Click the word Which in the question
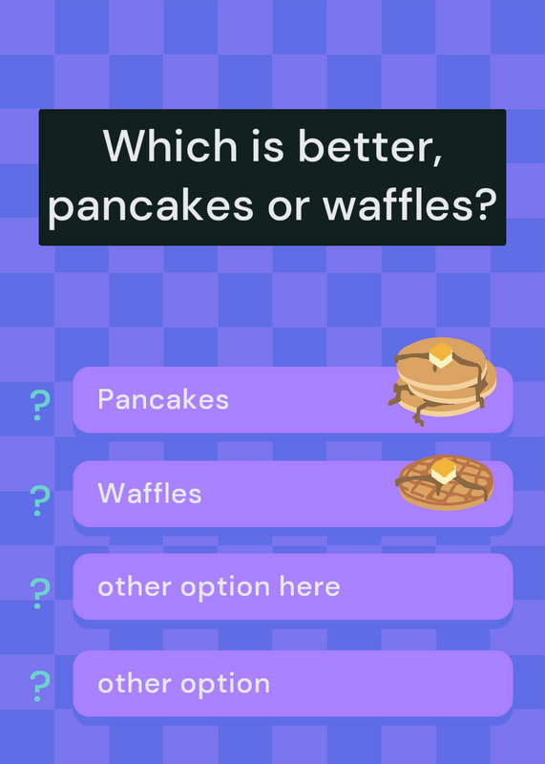(170, 145)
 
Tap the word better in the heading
(370, 146)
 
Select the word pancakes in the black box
(151, 205)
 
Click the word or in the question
(288, 207)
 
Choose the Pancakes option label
(163, 399)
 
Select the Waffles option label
(150, 493)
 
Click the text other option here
(219, 587)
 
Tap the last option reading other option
(183, 684)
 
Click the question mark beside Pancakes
(40, 405)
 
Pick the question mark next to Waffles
(40, 500)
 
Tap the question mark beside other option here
(40, 593)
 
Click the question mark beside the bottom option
(40, 687)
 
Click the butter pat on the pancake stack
(441, 354)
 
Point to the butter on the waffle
(443, 471)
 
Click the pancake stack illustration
(442, 380)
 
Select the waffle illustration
(445, 482)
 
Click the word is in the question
(267, 145)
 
